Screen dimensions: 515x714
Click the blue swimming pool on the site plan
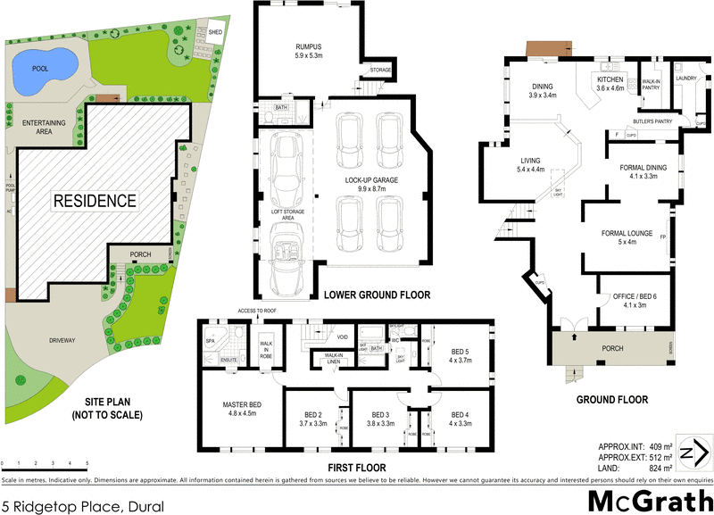pyautogui.click(x=43, y=69)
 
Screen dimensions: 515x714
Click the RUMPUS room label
pyautogui.click(x=308, y=46)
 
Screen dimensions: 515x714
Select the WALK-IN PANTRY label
pyautogui.click(x=652, y=83)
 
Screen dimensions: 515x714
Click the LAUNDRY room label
pyautogui.click(x=685, y=79)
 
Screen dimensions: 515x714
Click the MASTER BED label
pyautogui.click(x=240, y=405)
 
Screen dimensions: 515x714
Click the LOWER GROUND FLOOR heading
pyautogui.click(x=377, y=295)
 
